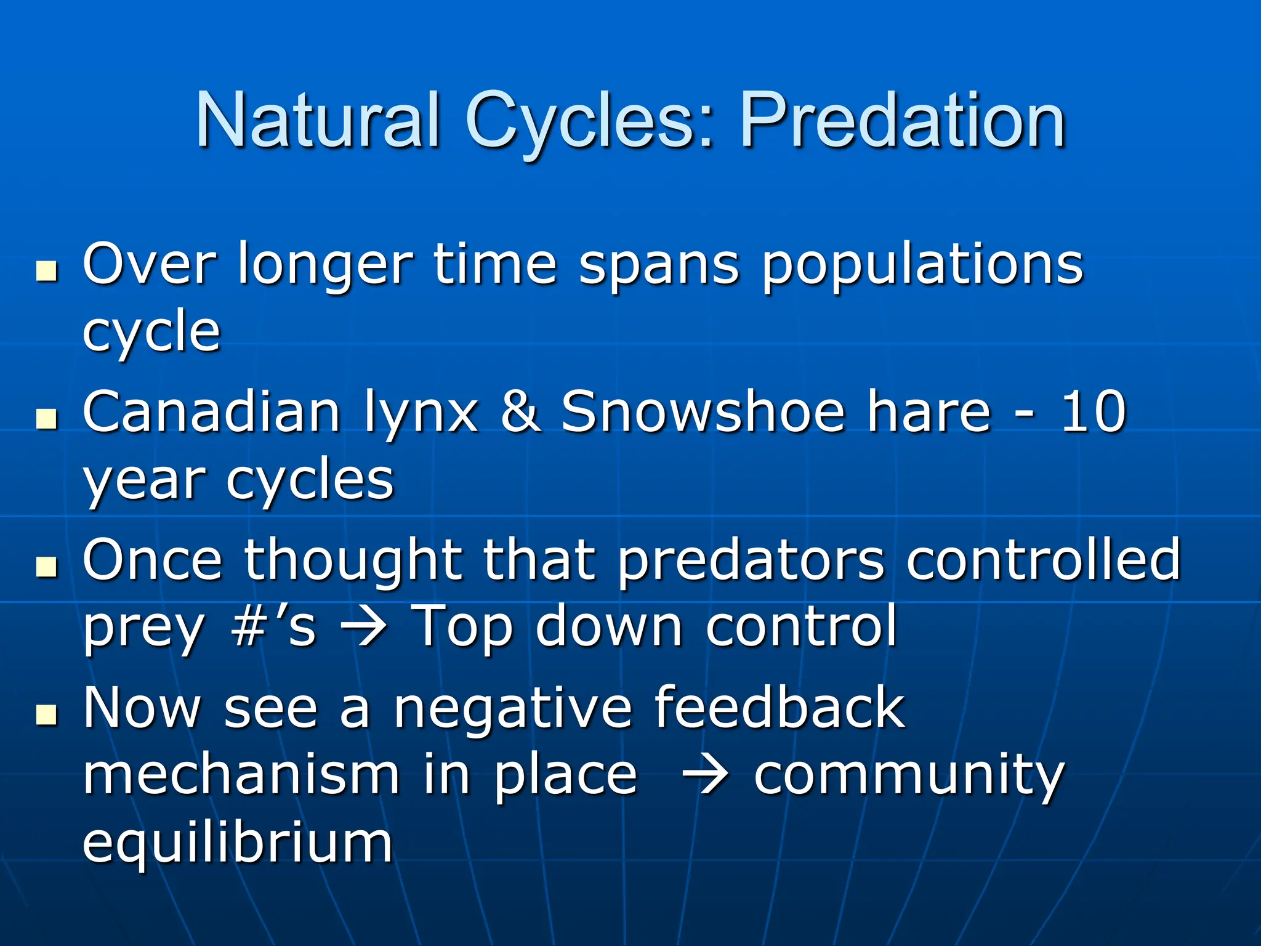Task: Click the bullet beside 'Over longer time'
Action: tap(46, 271)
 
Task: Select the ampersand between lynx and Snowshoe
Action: tap(520, 413)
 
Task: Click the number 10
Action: tap(1093, 413)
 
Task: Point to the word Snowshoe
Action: tap(703, 413)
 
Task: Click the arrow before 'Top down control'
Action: tap(364, 629)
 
